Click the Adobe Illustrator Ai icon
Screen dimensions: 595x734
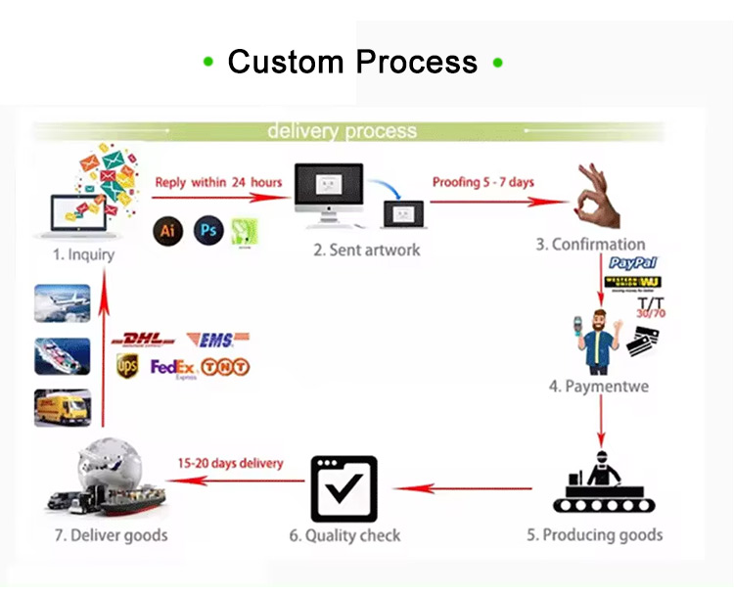click(x=168, y=230)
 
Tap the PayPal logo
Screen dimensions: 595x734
click(x=633, y=263)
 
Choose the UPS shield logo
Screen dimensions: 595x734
click(x=127, y=366)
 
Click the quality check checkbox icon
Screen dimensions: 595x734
click(x=344, y=487)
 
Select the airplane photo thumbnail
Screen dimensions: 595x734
click(x=63, y=303)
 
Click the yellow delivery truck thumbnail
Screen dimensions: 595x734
click(x=63, y=408)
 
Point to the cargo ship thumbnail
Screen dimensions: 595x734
click(x=63, y=356)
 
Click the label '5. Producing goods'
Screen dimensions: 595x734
click(x=594, y=535)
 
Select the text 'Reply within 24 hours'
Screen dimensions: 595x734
click(x=218, y=182)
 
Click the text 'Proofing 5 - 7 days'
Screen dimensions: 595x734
click(x=483, y=182)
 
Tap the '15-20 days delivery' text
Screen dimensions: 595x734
click(x=230, y=463)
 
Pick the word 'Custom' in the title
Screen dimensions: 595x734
click(x=286, y=63)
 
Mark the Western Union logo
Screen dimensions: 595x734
click(x=633, y=283)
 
